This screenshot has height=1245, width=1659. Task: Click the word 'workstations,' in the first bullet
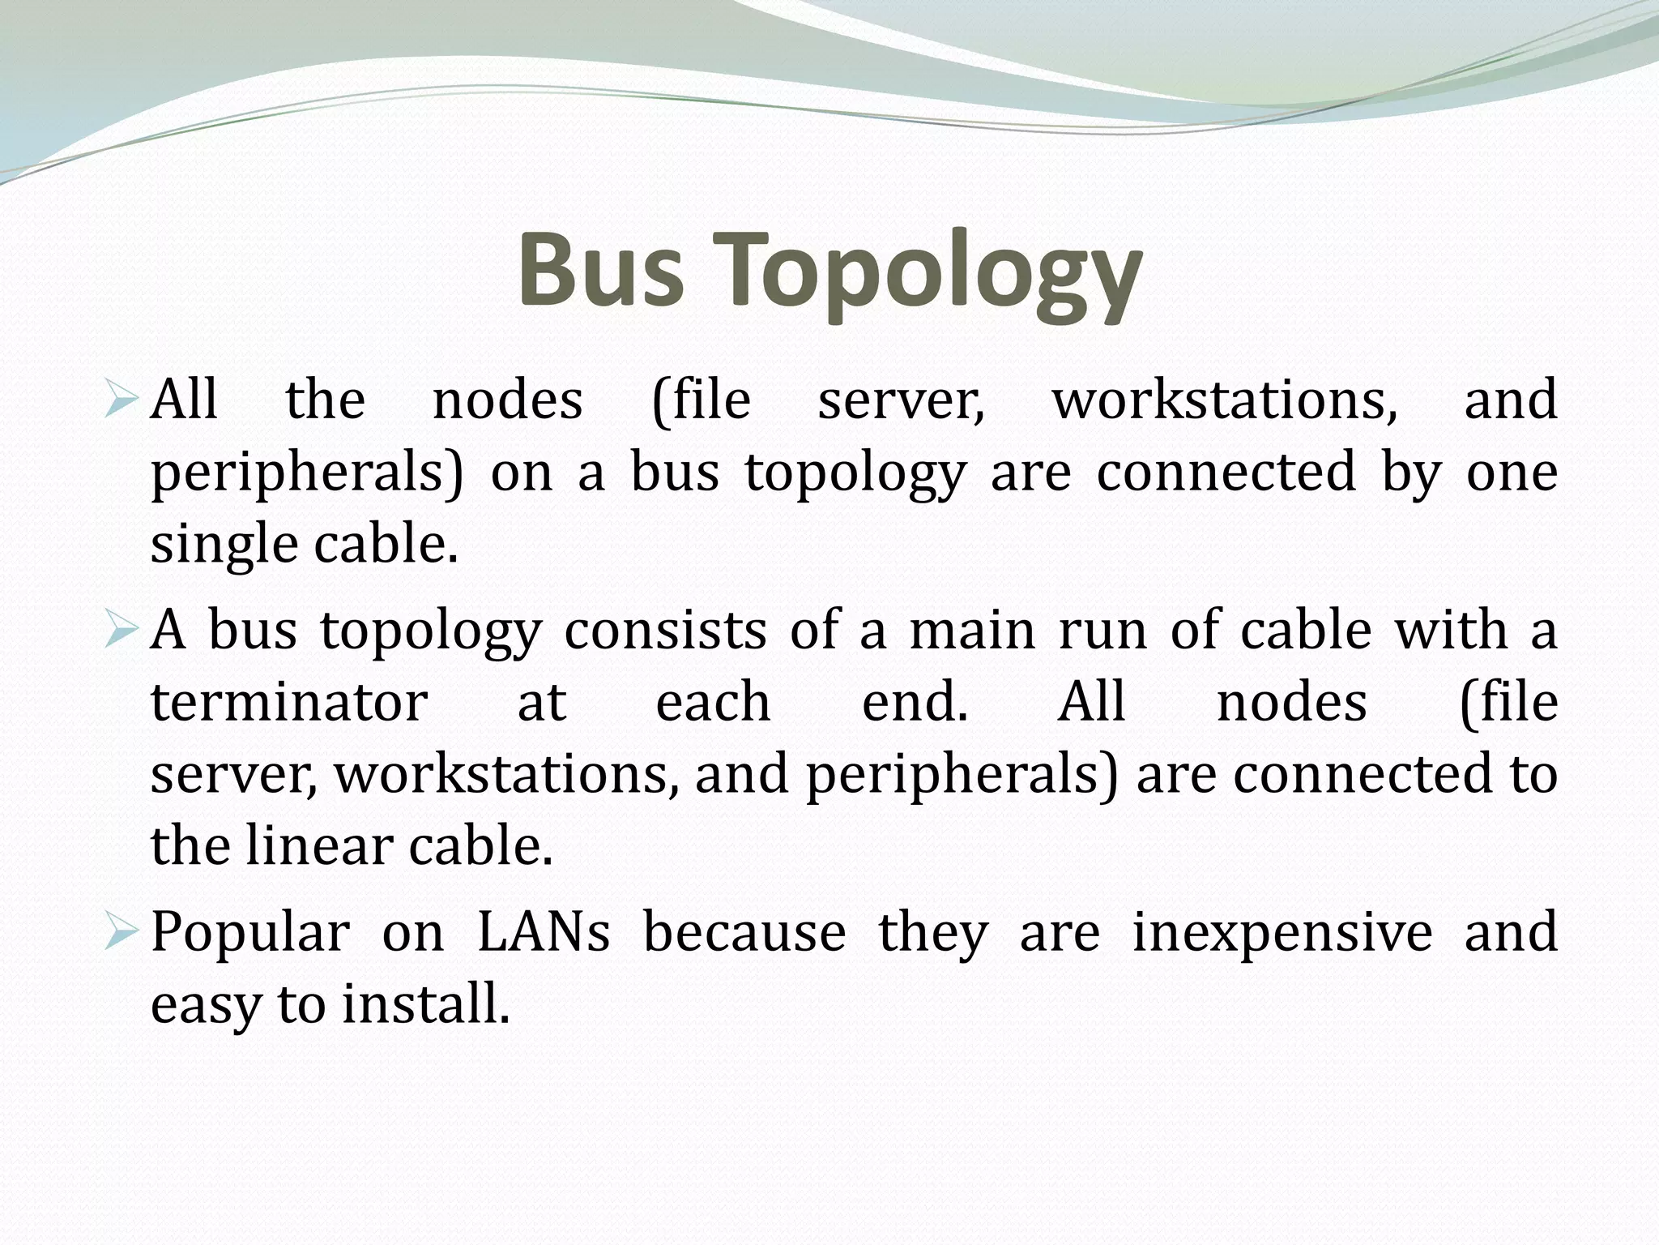click(x=1224, y=400)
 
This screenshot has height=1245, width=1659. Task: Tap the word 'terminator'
click(x=289, y=702)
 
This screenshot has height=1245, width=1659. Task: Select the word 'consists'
click(x=664, y=630)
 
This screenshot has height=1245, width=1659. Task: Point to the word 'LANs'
click(x=543, y=932)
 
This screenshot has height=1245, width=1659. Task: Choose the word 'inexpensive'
click(x=1282, y=932)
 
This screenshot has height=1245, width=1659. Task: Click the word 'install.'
click(x=426, y=1003)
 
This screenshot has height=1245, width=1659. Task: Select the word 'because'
click(x=744, y=932)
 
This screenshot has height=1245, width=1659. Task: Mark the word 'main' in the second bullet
click(x=972, y=630)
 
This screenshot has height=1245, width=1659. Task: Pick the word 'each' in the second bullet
click(x=713, y=702)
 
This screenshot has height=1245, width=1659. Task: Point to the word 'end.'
click(x=915, y=702)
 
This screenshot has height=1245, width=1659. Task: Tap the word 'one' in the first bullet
click(x=1512, y=473)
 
